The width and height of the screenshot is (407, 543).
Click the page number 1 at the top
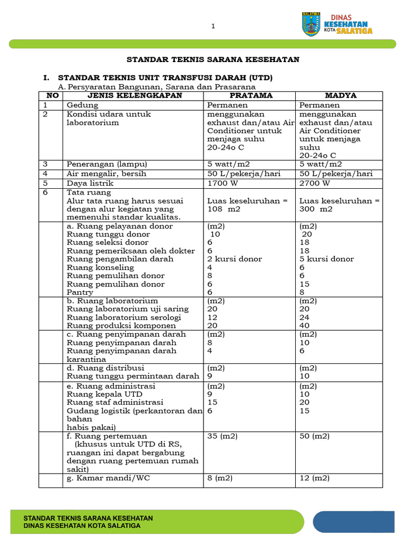point(213,27)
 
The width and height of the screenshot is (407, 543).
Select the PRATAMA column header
point(251,95)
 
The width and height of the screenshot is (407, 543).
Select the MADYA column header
point(341,95)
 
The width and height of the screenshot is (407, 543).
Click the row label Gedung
point(82,105)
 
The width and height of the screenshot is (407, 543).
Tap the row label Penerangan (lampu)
point(107,164)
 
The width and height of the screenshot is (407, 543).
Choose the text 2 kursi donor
point(234,259)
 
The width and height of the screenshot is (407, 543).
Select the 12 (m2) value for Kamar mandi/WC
point(314,478)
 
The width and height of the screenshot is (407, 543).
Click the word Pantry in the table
point(79,292)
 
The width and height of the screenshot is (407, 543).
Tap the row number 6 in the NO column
point(46,192)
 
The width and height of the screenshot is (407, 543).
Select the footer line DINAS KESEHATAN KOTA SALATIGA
point(83,526)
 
